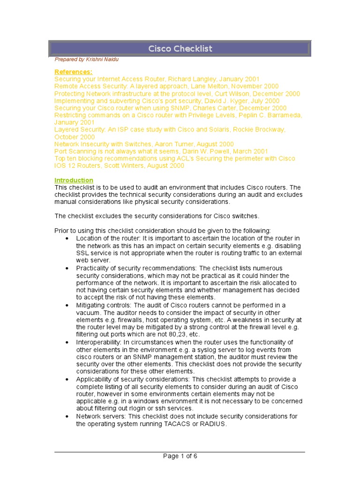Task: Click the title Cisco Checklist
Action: coord(180,49)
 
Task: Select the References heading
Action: coord(74,72)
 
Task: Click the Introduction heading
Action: coord(74,180)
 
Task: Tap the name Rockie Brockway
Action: coord(259,130)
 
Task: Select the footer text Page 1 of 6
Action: coord(180,457)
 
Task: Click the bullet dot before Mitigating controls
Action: coord(67,305)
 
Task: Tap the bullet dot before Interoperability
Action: coord(67,342)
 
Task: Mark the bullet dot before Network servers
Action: coord(67,416)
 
